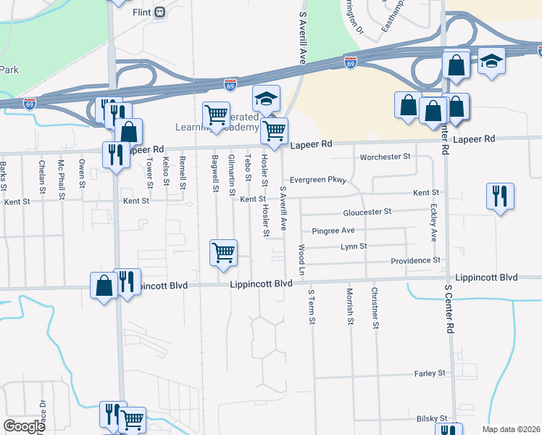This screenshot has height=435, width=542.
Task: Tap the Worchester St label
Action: point(385,157)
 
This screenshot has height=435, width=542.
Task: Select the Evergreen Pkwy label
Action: point(318,180)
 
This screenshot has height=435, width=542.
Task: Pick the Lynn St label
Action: point(355,246)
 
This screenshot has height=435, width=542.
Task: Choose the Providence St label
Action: point(415,260)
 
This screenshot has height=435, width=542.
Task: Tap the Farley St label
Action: point(430,373)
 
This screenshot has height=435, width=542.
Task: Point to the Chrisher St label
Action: point(375,308)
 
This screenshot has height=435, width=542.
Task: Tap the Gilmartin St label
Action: point(231,174)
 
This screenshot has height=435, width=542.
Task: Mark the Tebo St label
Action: point(249,165)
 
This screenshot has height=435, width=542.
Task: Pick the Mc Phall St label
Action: point(62,175)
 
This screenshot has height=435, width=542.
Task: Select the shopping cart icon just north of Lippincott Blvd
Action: point(224,252)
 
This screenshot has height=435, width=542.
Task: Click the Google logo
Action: point(24,426)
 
